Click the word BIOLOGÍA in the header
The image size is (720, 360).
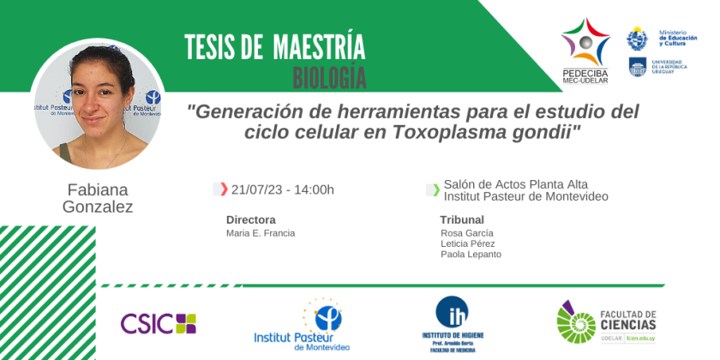click(x=329, y=79)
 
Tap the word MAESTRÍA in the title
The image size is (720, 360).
click(x=319, y=46)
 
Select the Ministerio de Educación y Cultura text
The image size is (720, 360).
click(x=678, y=38)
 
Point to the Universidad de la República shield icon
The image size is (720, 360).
click(x=638, y=67)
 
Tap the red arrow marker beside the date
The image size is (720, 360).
click(x=224, y=189)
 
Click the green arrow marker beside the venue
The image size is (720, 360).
click(x=435, y=189)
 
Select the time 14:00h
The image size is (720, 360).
click(x=315, y=189)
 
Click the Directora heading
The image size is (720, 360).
click(x=251, y=219)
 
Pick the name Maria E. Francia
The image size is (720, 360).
click(x=261, y=233)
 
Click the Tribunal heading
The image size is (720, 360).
click(x=462, y=219)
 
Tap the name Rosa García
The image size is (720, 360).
click(x=467, y=233)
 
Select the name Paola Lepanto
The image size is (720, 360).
click(x=471, y=255)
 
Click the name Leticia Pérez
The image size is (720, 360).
click(x=468, y=243)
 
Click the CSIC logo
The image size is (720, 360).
click(x=159, y=323)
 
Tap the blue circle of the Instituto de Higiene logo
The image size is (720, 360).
click(x=452, y=312)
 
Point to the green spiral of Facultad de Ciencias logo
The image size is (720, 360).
click(x=576, y=322)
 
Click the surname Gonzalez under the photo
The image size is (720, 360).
click(x=98, y=207)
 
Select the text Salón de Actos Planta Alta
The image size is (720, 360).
click(x=516, y=184)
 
